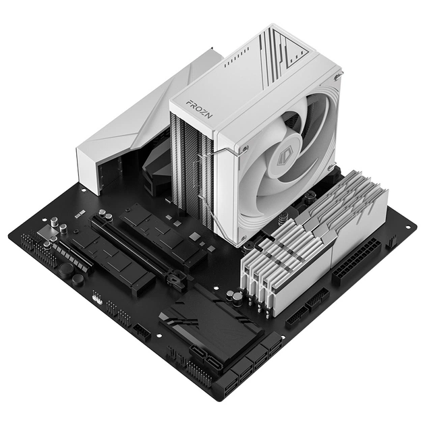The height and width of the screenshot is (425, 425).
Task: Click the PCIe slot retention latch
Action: tap(177, 278)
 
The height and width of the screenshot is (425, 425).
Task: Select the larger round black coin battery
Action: tap(66, 268)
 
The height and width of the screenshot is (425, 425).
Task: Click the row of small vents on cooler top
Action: tap(236, 60)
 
